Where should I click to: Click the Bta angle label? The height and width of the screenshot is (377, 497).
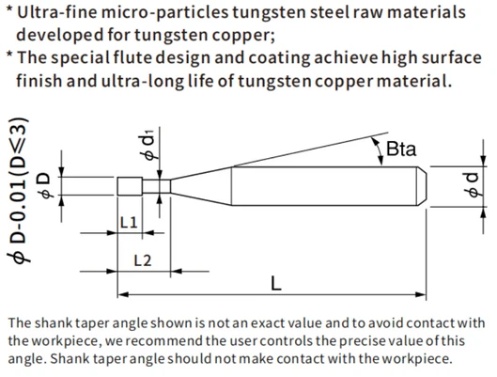coord(401,149)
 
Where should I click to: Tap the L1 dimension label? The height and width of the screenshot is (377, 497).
coord(129,222)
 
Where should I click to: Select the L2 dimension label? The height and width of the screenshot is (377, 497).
coord(143,260)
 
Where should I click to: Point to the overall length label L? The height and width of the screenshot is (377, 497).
coord(276,283)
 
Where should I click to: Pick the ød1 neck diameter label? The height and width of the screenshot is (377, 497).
coord(148,144)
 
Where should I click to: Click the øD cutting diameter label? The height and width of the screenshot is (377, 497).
coord(46,186)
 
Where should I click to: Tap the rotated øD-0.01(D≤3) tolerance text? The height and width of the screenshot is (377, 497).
coord(19,190)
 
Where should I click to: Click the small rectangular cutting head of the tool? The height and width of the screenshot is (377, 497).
coord(130,186)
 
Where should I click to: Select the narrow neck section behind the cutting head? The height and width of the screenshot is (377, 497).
coord(157,186)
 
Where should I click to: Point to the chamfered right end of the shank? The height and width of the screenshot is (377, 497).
coord(421,186)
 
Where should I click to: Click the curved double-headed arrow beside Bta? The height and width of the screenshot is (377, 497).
coord(378,151)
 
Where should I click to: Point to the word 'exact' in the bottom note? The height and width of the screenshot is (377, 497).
coord(268,323)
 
